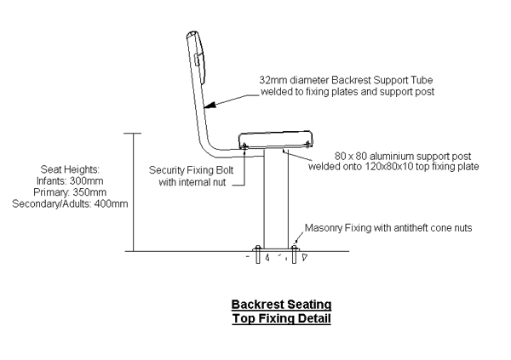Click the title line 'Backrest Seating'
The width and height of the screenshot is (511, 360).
coord(281,305)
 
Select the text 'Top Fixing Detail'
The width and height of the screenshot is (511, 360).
coord(281,318)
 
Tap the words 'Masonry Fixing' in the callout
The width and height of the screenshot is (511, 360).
coord(336,228)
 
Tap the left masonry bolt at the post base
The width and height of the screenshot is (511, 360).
coord(259,254)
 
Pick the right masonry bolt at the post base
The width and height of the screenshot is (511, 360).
coord(294,254)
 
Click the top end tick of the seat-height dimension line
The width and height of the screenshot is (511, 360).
coord(132,133)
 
